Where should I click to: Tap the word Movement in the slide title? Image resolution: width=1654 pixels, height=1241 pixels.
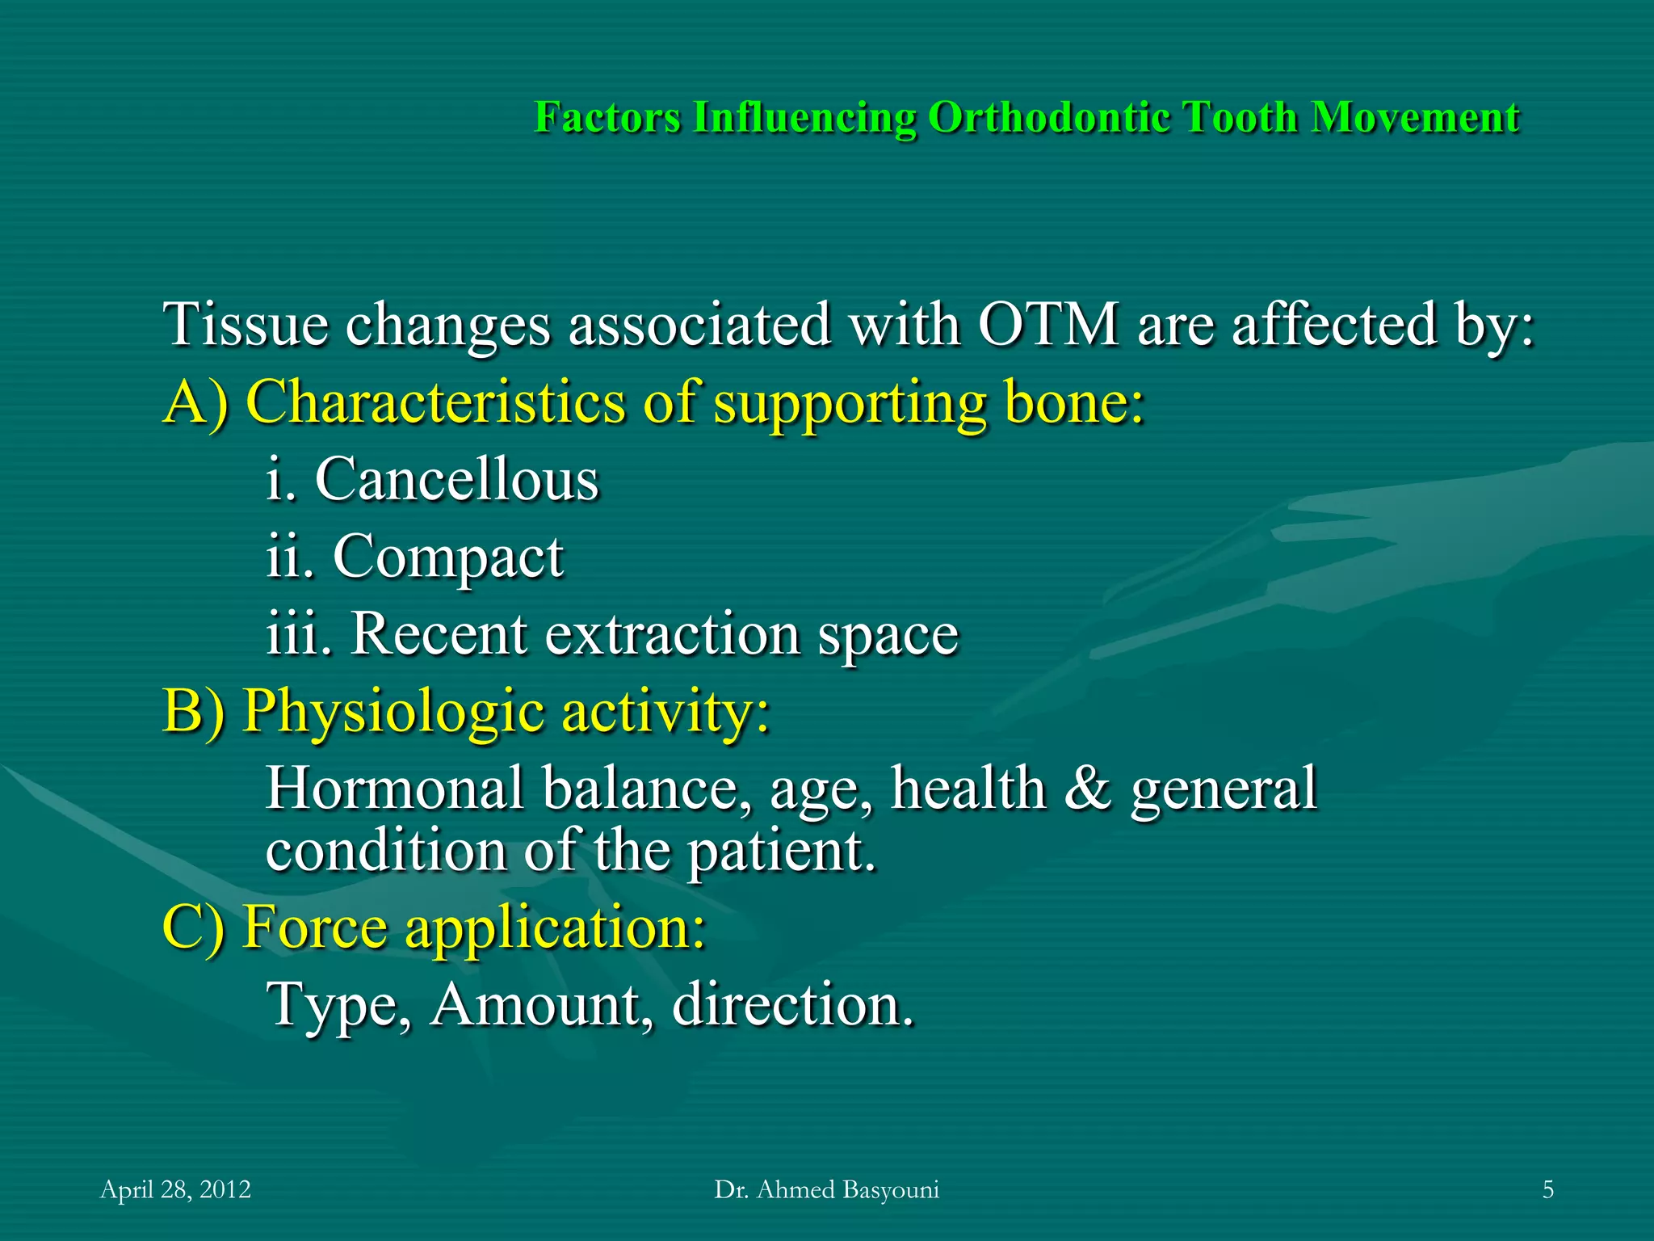pyautogui.click(x=1415, y=117)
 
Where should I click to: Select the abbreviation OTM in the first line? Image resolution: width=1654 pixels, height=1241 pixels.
pyautogui.click(x=1048, y=325)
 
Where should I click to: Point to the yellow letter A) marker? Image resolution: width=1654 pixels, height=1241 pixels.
pyautogui.click(x=195, y=402)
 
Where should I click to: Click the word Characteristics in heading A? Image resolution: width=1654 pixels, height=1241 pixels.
pyautogui.click(x=434, y=402)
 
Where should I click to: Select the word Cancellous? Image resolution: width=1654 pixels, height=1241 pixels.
pyautogui.click(x=456, y=479)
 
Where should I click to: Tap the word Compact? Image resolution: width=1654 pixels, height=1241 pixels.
pyautogui.click(x=447, y=557)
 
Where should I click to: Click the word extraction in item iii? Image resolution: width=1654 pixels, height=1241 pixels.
pyautogui.click(x=672, y=634)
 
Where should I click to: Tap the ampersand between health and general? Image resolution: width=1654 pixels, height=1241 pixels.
pyautogui.click(x=1087, y=789)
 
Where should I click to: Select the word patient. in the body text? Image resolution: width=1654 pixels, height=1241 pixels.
pyautogui.click(x=781, y=852)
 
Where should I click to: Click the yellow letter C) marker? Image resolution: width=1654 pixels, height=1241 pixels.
pyautogui.click(x=193, y=927)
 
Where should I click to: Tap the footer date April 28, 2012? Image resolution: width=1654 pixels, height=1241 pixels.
pyautogui.click(x=175, y=1189)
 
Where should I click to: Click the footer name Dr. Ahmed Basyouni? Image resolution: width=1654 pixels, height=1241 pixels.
pyautogui.click(x=826, y=1189)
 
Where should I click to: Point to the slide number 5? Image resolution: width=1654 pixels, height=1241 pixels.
pyautogui.click(x=1547, y=1189)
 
